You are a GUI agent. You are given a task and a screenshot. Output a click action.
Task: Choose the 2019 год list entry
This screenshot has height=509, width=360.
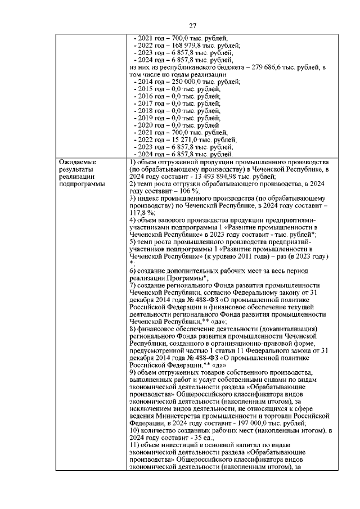152,118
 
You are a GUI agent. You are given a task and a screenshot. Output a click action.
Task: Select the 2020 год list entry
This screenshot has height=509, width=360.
152,125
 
